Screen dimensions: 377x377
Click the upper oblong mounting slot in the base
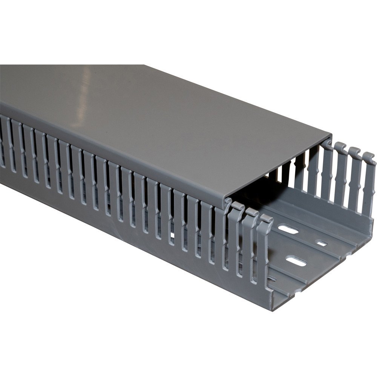[x=288, y=229]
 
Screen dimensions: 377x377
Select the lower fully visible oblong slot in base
[x=296, y=261]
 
